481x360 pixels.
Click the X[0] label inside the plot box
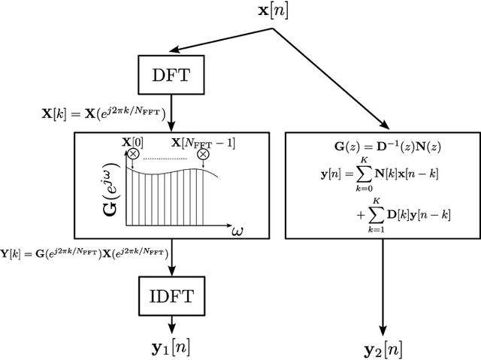(134, 141)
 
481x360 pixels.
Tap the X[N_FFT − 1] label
(204, 141)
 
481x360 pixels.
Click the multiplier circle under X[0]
(134, 154)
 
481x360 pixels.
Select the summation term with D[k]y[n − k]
(400, 213)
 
